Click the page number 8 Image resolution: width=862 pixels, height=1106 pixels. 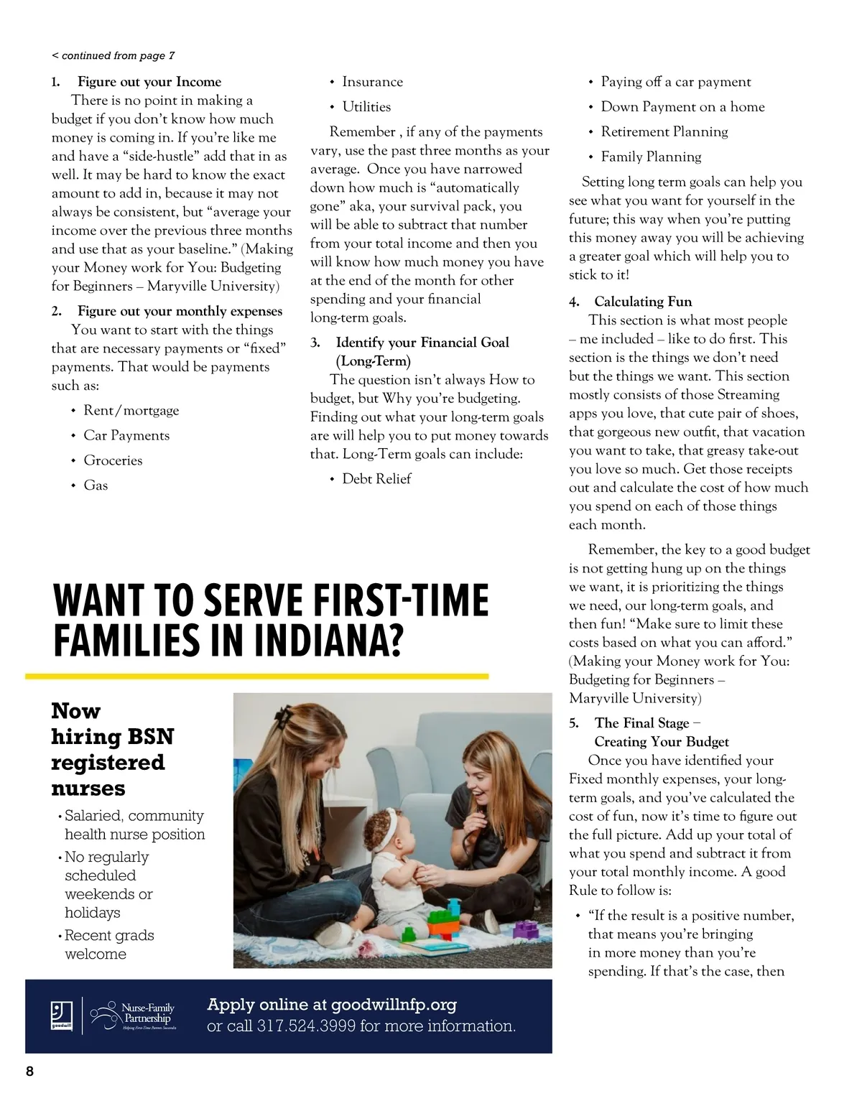[29, 1072]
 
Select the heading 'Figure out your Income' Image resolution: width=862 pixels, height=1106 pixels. [149, 82]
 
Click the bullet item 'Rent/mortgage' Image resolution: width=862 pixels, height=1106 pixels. [131, 411]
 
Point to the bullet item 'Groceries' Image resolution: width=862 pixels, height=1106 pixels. [113, 460]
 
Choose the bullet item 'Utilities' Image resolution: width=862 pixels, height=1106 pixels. [366, 107]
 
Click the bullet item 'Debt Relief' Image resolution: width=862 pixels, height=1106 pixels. [376, 479]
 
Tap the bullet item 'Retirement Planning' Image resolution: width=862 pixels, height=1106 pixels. [664, 132]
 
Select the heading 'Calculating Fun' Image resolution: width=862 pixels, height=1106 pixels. [643, 302]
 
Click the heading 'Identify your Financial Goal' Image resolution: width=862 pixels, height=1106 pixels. [422, 343]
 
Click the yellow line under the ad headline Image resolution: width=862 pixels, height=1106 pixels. [256, 676]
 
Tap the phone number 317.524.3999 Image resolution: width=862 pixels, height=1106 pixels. [307, 1026]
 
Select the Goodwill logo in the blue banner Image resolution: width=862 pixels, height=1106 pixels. [59, 1016]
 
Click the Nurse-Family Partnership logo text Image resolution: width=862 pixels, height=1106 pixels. [147, 1013]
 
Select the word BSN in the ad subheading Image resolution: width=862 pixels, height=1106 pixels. [150, 737]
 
